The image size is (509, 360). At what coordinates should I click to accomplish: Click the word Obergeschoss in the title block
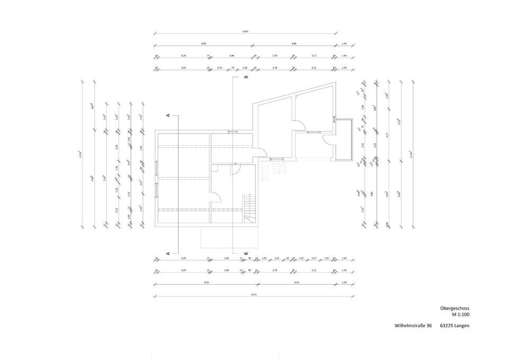click(454, 308)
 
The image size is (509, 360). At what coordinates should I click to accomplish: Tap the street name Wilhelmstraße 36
click(413, 326)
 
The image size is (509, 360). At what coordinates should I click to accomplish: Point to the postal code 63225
click(447, 326)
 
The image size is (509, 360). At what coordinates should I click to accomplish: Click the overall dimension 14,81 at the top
click(245, 32)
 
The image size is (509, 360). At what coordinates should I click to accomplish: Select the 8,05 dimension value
click(204, 43)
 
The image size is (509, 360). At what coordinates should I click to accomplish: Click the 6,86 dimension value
click(294, 43)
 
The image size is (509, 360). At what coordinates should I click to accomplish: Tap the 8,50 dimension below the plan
click(206, 283)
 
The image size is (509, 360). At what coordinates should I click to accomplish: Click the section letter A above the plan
click(168, 115)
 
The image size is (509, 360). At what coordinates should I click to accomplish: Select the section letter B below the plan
click(245, 253)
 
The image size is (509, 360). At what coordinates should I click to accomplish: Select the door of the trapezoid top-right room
click(300, 126)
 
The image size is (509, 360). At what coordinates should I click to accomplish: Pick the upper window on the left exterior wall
click(156, 168)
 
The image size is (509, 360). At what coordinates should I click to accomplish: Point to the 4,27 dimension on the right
click(389, 135)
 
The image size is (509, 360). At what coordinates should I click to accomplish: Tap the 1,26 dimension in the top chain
click(244, 68)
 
